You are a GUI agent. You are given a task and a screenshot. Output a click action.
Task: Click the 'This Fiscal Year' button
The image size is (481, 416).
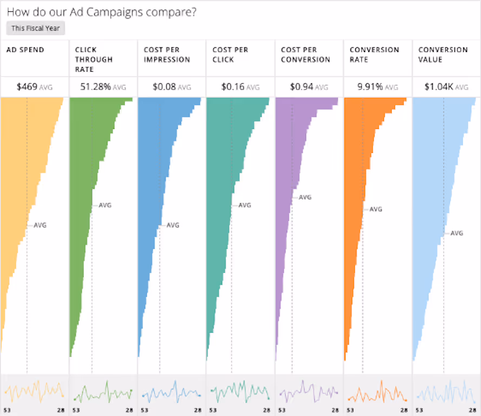[x=36, y=28]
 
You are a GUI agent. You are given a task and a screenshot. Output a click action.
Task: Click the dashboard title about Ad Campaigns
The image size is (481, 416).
[x=101, y=12]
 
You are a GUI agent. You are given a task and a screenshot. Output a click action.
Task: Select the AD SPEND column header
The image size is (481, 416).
[x=25, y=50]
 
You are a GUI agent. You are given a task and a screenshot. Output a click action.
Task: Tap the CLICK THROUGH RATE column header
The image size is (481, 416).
[x=94, y=59]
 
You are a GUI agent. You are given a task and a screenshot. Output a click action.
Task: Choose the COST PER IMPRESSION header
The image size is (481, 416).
[x=167, y=54]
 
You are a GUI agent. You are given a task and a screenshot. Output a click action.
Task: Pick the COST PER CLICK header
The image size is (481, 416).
[x=230, y=54]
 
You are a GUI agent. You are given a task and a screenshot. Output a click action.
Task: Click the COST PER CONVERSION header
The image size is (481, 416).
[x=305, y=54]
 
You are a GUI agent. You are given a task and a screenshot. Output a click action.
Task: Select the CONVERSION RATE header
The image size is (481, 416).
[x=374, y=54]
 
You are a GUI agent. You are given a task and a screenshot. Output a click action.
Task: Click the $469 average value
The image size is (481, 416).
[x=27, y=86]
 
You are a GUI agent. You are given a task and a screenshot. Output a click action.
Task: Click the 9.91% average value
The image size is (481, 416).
[x=370, y=86]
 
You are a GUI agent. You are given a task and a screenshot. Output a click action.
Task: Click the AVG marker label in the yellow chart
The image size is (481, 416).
[x=40, y=225]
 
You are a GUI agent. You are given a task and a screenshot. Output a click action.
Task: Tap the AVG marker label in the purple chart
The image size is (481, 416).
[x=305, y=197]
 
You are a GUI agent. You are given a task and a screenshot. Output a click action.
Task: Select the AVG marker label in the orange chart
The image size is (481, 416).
[x=375, y=209]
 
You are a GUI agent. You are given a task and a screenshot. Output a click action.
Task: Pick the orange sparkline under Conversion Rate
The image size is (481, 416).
[x=378, y=392]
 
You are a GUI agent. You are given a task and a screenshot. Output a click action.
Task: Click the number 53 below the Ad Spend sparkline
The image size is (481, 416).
[x=8, y=411]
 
